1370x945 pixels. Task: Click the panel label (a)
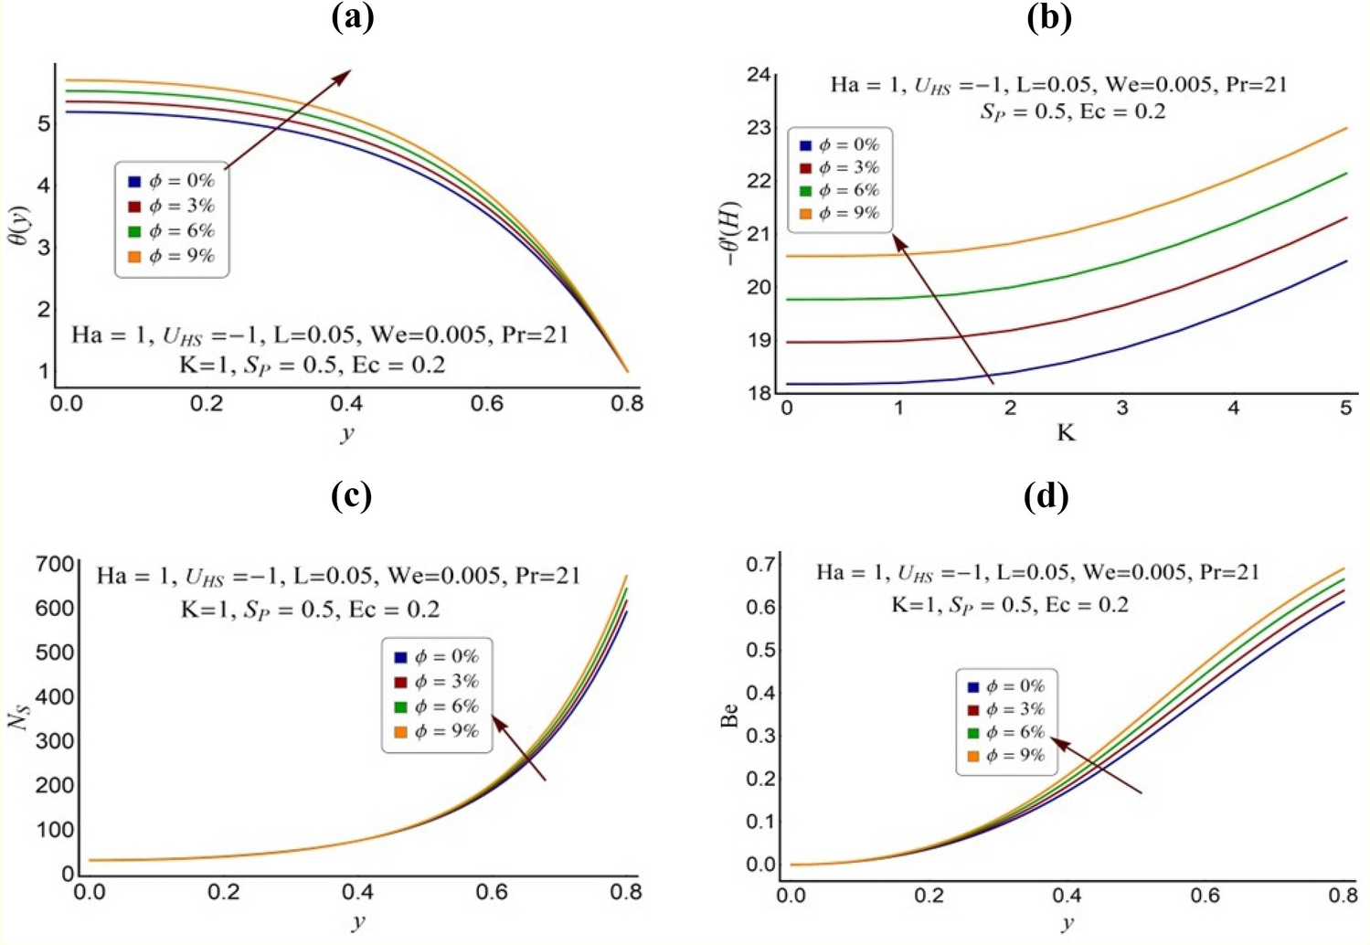point(352,17)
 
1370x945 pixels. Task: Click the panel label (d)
point(1047,496)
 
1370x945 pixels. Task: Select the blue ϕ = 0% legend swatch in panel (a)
point(134,182)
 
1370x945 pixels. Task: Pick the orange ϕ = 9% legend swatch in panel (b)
point(805,214)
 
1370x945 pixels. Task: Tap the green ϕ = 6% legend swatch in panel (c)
point(400,707)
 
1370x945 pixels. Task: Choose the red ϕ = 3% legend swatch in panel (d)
point(972,710)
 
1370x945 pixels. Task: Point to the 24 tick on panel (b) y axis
point(759,74)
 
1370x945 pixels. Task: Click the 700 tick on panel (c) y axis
point(54,564)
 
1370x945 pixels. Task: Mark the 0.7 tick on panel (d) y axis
point(760,564)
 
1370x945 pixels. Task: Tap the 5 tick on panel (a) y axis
point(44,122)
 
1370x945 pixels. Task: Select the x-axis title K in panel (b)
point(1066,433)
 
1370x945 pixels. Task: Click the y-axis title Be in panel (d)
point(729,715)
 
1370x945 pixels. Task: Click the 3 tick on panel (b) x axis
point(1121,409)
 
